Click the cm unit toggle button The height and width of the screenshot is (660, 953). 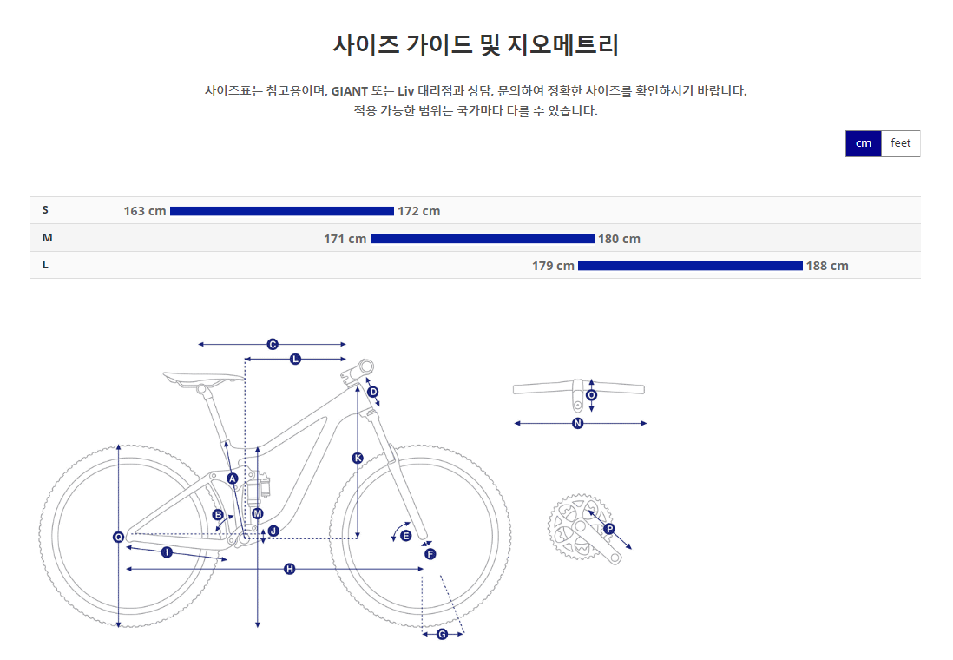863,143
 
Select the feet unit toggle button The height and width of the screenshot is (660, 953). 900,143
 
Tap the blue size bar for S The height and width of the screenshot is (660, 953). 282,211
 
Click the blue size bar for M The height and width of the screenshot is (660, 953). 483,239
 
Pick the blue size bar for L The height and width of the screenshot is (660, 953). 690,266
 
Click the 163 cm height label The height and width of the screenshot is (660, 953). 145,211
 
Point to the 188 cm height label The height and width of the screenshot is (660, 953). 827,266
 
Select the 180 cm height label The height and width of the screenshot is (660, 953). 619,239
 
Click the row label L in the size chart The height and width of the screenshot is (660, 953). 45,265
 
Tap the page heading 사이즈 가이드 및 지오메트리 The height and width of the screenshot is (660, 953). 476,45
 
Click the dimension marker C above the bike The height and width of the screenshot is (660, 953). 272,345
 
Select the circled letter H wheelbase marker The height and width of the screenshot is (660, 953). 290,569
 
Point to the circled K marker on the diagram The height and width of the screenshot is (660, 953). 358,458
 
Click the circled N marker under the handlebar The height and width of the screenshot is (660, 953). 578,424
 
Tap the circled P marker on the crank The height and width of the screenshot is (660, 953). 608,529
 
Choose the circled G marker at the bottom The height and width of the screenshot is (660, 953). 442,635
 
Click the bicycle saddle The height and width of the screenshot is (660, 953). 204,377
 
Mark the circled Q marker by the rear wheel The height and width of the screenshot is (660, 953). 119,537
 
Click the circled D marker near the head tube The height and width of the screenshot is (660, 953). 373,392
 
